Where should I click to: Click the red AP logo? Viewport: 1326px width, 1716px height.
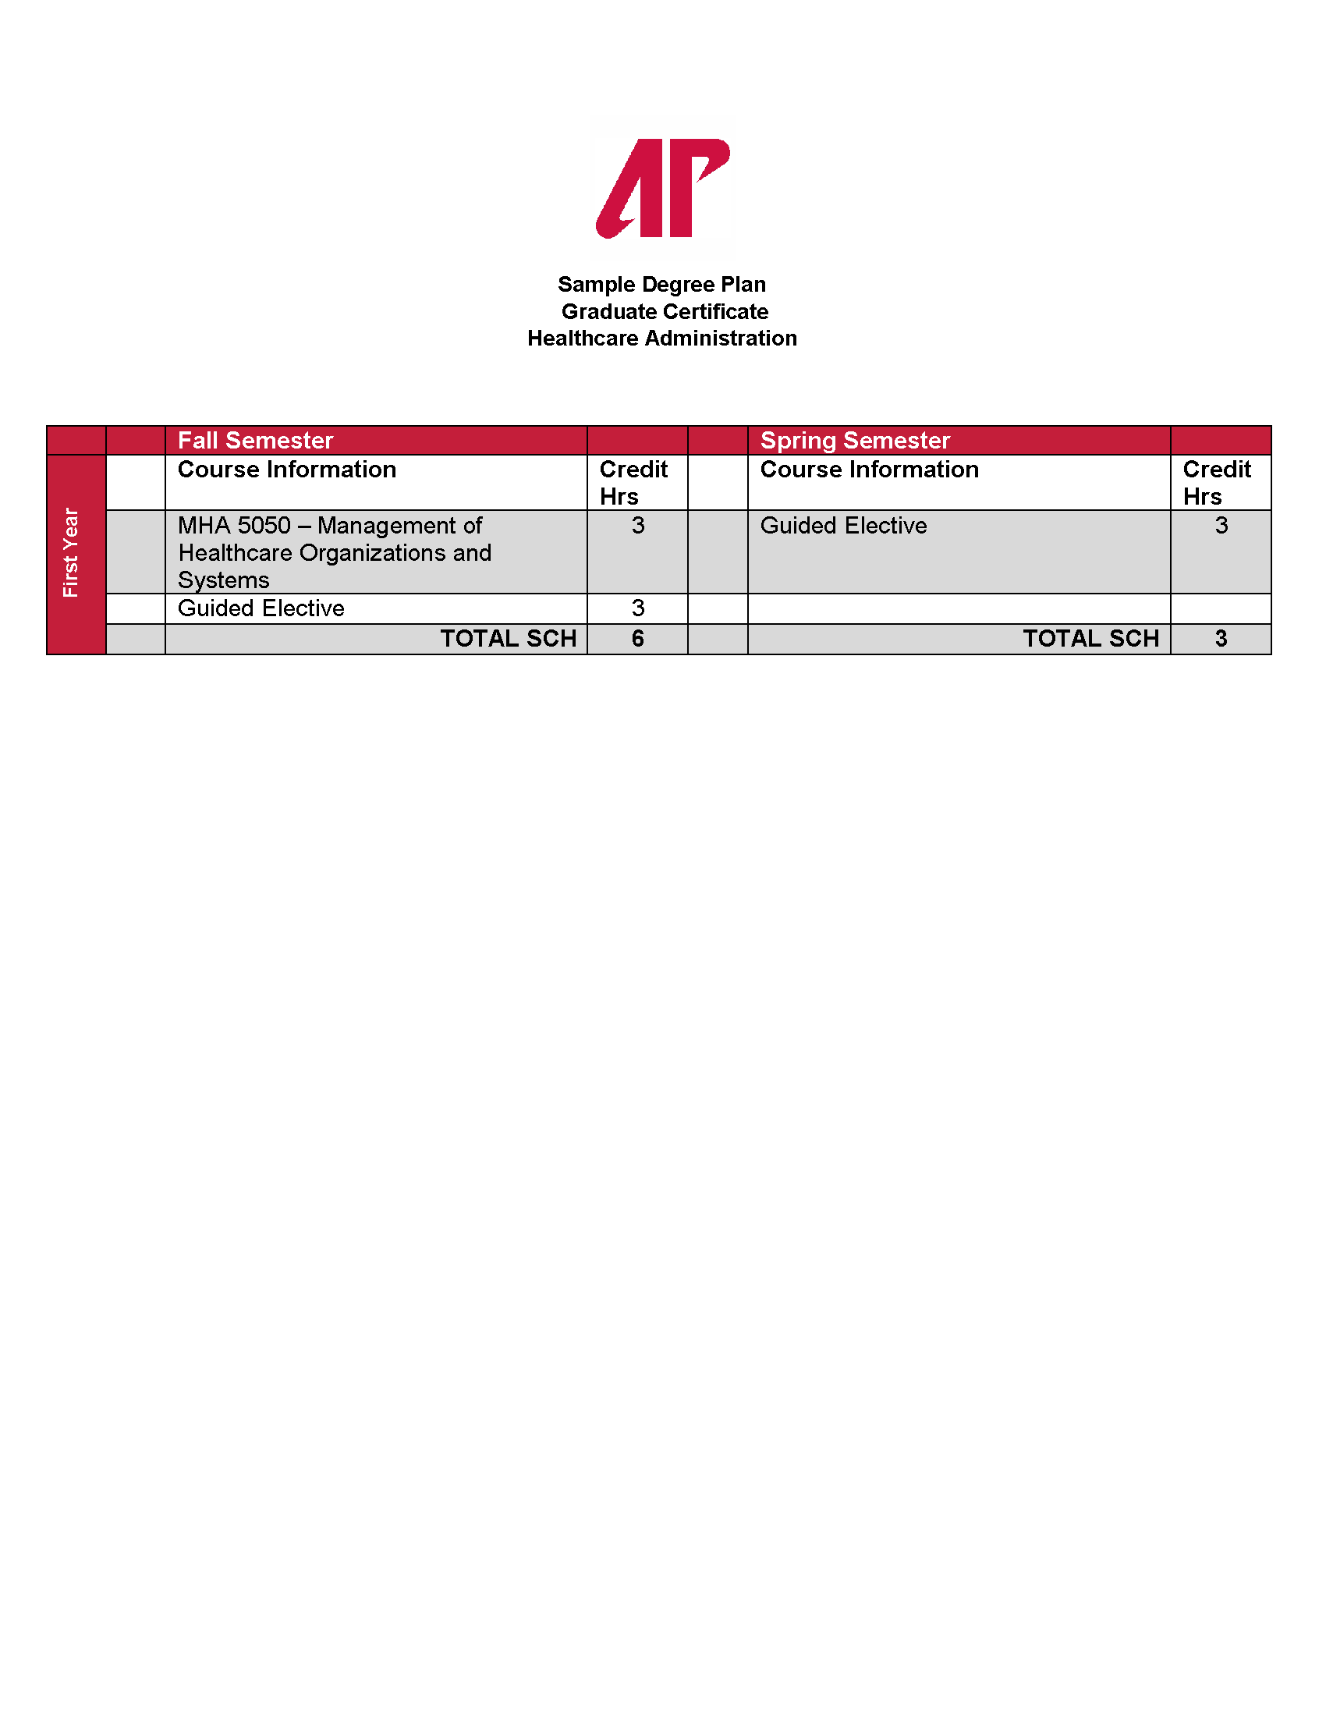(x=662, y=189)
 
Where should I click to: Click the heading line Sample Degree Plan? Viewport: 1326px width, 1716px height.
(x=661, y=285)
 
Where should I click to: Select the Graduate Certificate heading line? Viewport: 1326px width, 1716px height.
(x=664, y=312)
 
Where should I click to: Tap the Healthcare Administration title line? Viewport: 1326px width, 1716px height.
(x=662, y=339)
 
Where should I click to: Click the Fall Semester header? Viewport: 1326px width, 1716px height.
(x=255, y=441)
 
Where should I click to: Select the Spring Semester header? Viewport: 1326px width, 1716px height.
(x=855, y=441)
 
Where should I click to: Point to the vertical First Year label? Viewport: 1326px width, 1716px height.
(x=71, y=552)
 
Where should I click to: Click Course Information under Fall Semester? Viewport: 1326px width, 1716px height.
(x=287, y=470)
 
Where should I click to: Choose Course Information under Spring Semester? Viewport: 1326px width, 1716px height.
(x=869, y=470)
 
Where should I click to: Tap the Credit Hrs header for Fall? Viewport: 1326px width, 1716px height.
(x=633, y=482)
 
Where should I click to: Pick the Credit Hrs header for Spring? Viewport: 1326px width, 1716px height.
(x=1216, y=482)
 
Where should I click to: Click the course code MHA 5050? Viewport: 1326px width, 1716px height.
(x=234, y=526)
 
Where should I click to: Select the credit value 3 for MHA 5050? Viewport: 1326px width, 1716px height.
(x=638, y=526)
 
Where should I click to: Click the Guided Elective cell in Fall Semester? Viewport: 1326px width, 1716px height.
(x=261, y=608)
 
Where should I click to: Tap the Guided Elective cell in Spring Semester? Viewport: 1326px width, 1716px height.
(x=843, y=526)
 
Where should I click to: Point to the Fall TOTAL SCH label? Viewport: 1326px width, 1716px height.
(x=508, y=639)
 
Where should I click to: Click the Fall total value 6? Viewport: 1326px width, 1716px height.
(x=638, y=639)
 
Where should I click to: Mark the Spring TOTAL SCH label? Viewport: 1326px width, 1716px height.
(x=1090, y=639)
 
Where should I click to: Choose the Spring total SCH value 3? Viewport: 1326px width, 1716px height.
(x=1221, y=639)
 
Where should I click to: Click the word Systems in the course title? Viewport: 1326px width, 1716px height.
(x=223, y=580)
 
